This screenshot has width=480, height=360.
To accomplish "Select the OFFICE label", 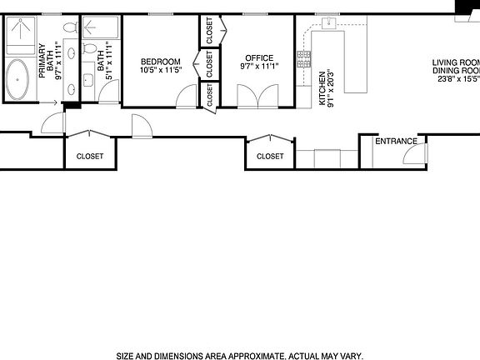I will click(259, 58).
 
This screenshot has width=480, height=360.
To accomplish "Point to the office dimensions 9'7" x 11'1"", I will click(259, 67).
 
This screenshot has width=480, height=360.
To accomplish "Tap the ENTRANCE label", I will click(396, 141).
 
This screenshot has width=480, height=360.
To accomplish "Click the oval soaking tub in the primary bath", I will click(19, 82).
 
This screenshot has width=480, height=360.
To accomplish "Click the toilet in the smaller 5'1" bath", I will click(92, 27).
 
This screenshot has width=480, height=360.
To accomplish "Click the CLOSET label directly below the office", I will click(270, 156).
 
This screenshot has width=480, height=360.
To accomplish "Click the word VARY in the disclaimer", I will click(349, 355).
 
